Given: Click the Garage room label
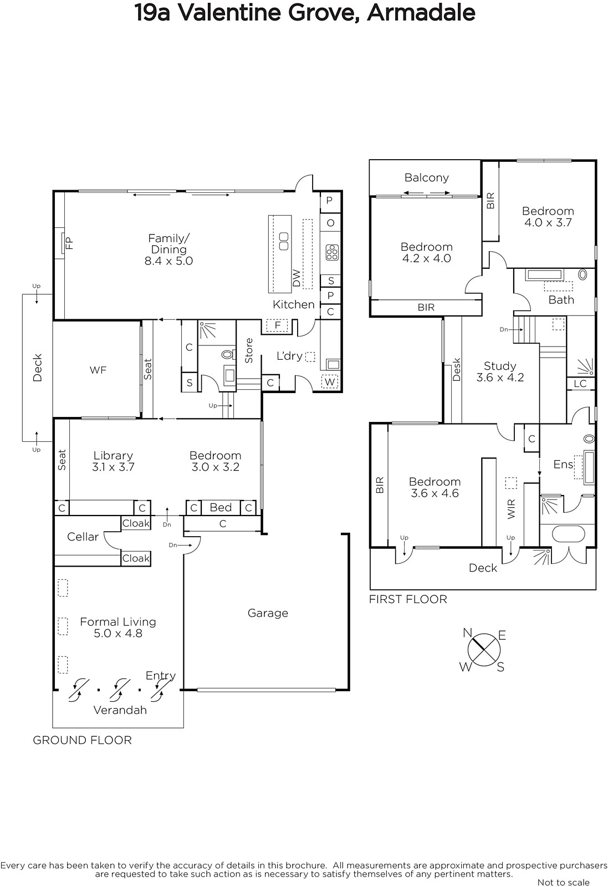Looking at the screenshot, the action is (268, 613).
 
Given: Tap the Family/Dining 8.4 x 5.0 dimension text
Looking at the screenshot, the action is (168, 261).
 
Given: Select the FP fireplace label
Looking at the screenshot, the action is (70, 243).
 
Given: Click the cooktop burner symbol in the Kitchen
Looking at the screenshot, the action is (331, 252).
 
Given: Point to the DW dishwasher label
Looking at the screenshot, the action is (297, 278).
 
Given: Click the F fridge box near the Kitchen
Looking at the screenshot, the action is (277, 325).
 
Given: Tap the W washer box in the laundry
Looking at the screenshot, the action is (330, 382).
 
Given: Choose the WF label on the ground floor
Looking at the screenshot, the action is (98, 370).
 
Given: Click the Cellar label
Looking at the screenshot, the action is (83, 537).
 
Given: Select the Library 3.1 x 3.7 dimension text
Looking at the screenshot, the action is (113, 467).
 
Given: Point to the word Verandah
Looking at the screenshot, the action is (120, 710).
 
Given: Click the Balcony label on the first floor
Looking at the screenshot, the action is (427, 178).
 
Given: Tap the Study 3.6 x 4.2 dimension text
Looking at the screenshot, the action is (500, 378).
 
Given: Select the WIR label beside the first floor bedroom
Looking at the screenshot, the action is (512, 509).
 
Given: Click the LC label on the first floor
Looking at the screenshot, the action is (580, 383).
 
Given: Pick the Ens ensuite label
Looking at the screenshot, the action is (563, 464).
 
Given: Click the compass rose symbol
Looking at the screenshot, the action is (484, 650).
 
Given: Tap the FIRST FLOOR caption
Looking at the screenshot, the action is (408, 599).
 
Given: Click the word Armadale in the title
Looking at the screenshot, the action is (421, 13).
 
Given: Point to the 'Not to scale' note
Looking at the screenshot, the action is (563, 882).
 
